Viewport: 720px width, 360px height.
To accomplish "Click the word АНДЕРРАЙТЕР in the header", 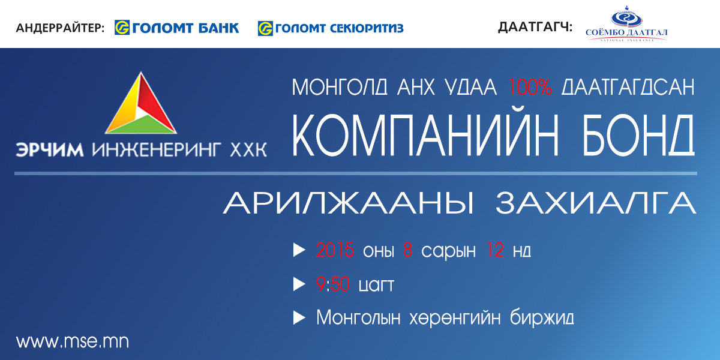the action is (x=60, y=28).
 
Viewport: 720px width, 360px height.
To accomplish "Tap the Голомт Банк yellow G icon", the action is (x=122, y=28).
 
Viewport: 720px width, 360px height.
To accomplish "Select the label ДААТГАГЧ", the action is (x=535, y=27).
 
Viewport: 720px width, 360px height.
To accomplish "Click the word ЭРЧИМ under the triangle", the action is (x=50, y=150).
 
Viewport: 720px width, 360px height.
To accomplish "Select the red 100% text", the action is (x=530, y=87).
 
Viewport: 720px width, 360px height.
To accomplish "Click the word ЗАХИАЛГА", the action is (x=596, y=203).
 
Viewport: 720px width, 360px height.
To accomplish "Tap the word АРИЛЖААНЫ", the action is (x=349, y=203).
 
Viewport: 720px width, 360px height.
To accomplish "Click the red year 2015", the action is (x=335, y=250).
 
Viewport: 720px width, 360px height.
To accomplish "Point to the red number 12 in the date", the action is (x=495, y=250).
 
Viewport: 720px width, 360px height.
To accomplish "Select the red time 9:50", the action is (x=332, y=284).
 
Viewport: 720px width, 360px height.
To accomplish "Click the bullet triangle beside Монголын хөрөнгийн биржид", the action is (x=299, y=318).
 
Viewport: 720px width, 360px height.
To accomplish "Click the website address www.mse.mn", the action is (x=73, y=341).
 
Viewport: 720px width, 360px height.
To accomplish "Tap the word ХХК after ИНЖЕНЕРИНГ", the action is (x=248, y=150).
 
